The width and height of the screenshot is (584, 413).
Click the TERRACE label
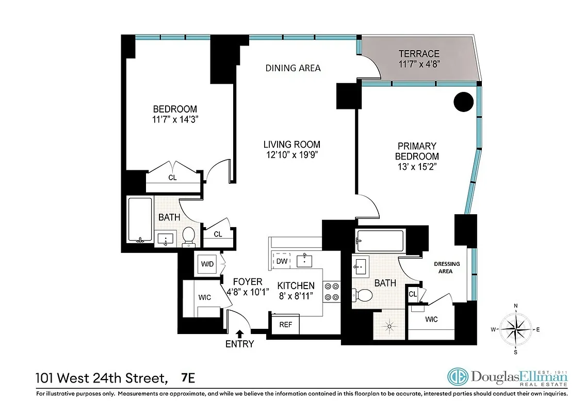coord(418,54)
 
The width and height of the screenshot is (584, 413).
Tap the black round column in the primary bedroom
coord(463,102)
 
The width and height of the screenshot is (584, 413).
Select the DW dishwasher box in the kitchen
coord(282,261)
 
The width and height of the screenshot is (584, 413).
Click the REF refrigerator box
coord(285,325)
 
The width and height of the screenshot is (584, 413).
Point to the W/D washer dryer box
coord(207,264)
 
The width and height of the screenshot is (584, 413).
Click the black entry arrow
coord(239,334)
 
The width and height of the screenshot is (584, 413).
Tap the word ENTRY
coord(239,344)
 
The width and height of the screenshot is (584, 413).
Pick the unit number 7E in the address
coord(188,378)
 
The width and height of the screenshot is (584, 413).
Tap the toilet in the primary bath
coord(364,296)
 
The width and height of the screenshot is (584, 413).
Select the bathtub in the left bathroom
coord(140,219)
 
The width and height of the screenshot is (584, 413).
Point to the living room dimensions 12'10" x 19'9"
coord(292,155)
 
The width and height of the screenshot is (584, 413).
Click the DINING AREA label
coord(293,68)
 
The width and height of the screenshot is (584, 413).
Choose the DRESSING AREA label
coord(447,267)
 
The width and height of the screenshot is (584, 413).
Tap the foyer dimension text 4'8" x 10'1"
coord(245,292)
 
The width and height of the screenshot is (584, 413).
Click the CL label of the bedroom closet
coord(172,177)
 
